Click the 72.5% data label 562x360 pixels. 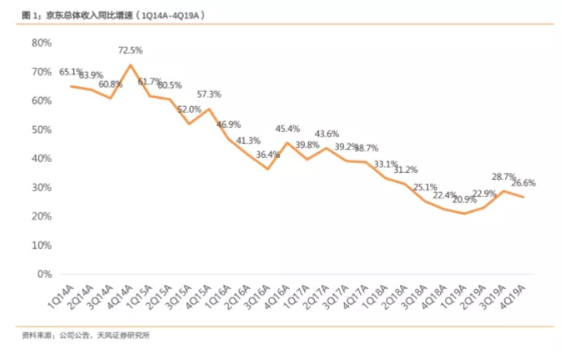click(x=130, y=51)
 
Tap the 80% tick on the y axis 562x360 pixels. click(x=42, y=43)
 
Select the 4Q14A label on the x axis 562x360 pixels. click(x=121, y=297)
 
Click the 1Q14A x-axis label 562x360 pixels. click(x=60, y=297)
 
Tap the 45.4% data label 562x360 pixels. click(x=287, y=129)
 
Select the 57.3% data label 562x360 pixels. click(x=210, y=94)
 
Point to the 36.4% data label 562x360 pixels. click(x=268, y=155)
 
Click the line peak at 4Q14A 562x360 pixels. click(x=130, y=64)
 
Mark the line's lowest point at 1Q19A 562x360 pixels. click(x=464, y=214)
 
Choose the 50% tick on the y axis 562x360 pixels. click(x=42, y=129)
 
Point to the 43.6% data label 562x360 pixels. click(x=327, y=134)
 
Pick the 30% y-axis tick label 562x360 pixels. click(x=42, y=187)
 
